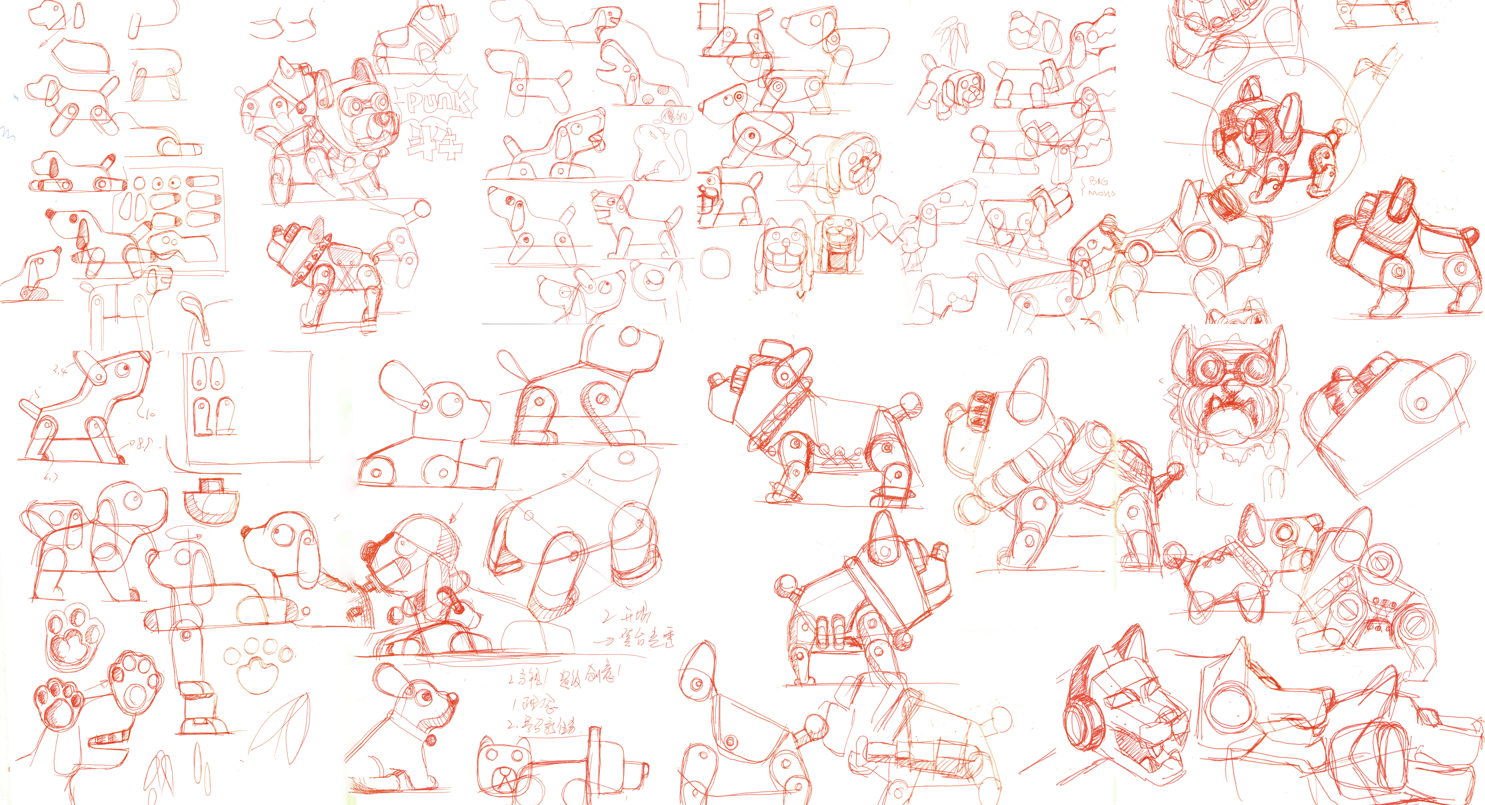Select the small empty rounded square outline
point(715,263)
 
